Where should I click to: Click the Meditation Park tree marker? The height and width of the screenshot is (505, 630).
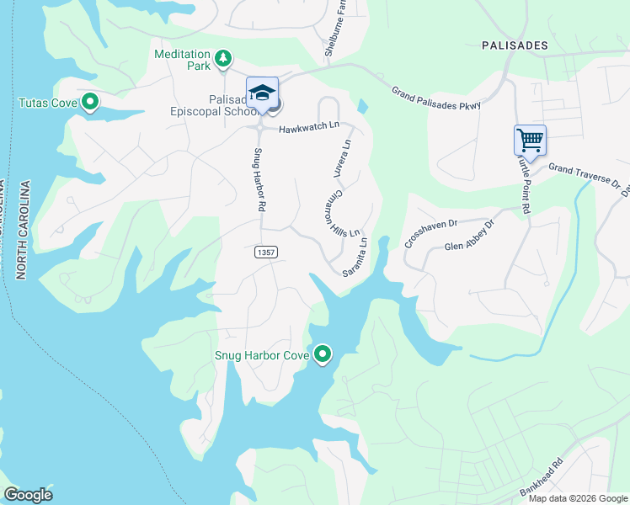[223, 59]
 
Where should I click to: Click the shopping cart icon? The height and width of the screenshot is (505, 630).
[530, 139]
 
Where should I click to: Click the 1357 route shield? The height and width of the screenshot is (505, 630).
[264, 252]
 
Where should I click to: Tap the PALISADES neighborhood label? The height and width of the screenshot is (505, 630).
[514, 45]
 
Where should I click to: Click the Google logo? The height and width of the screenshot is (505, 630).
[29, 495]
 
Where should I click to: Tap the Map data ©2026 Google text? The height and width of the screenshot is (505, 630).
[577, 498]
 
